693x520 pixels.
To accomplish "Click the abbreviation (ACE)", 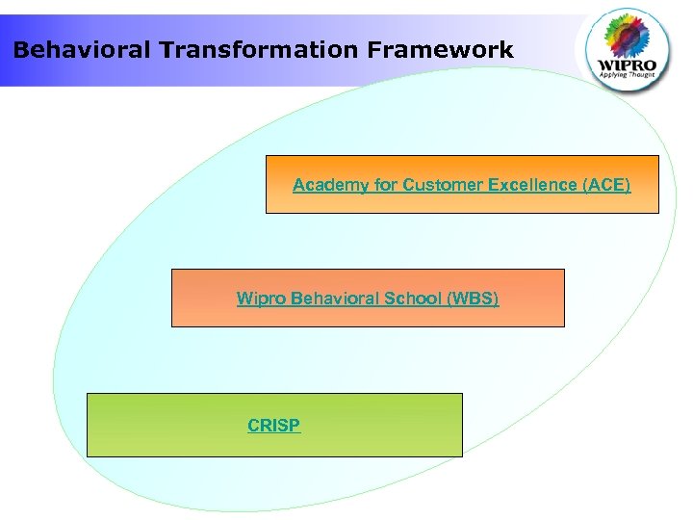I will pyautogui.click(x=606, y=184).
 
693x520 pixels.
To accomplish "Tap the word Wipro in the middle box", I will pyautogui.click(x=258, y=299).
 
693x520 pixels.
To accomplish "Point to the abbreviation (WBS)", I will pyautogui.click(x=472, y=299).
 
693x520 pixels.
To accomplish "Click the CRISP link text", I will pyautogui.click(x=273, y=425).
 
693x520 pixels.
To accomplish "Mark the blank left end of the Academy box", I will pyautogui.click(x=279, y=184).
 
